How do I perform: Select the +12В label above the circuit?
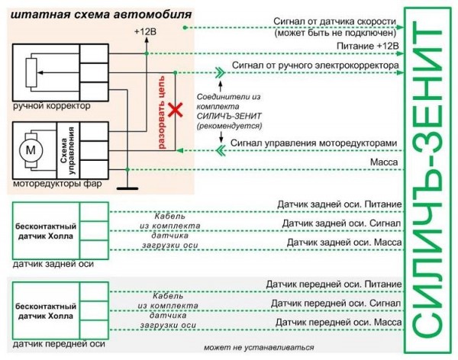tap(144, 32)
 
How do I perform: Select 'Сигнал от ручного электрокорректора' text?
tap(314, 66)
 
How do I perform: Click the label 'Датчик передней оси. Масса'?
tap(338, 323)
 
